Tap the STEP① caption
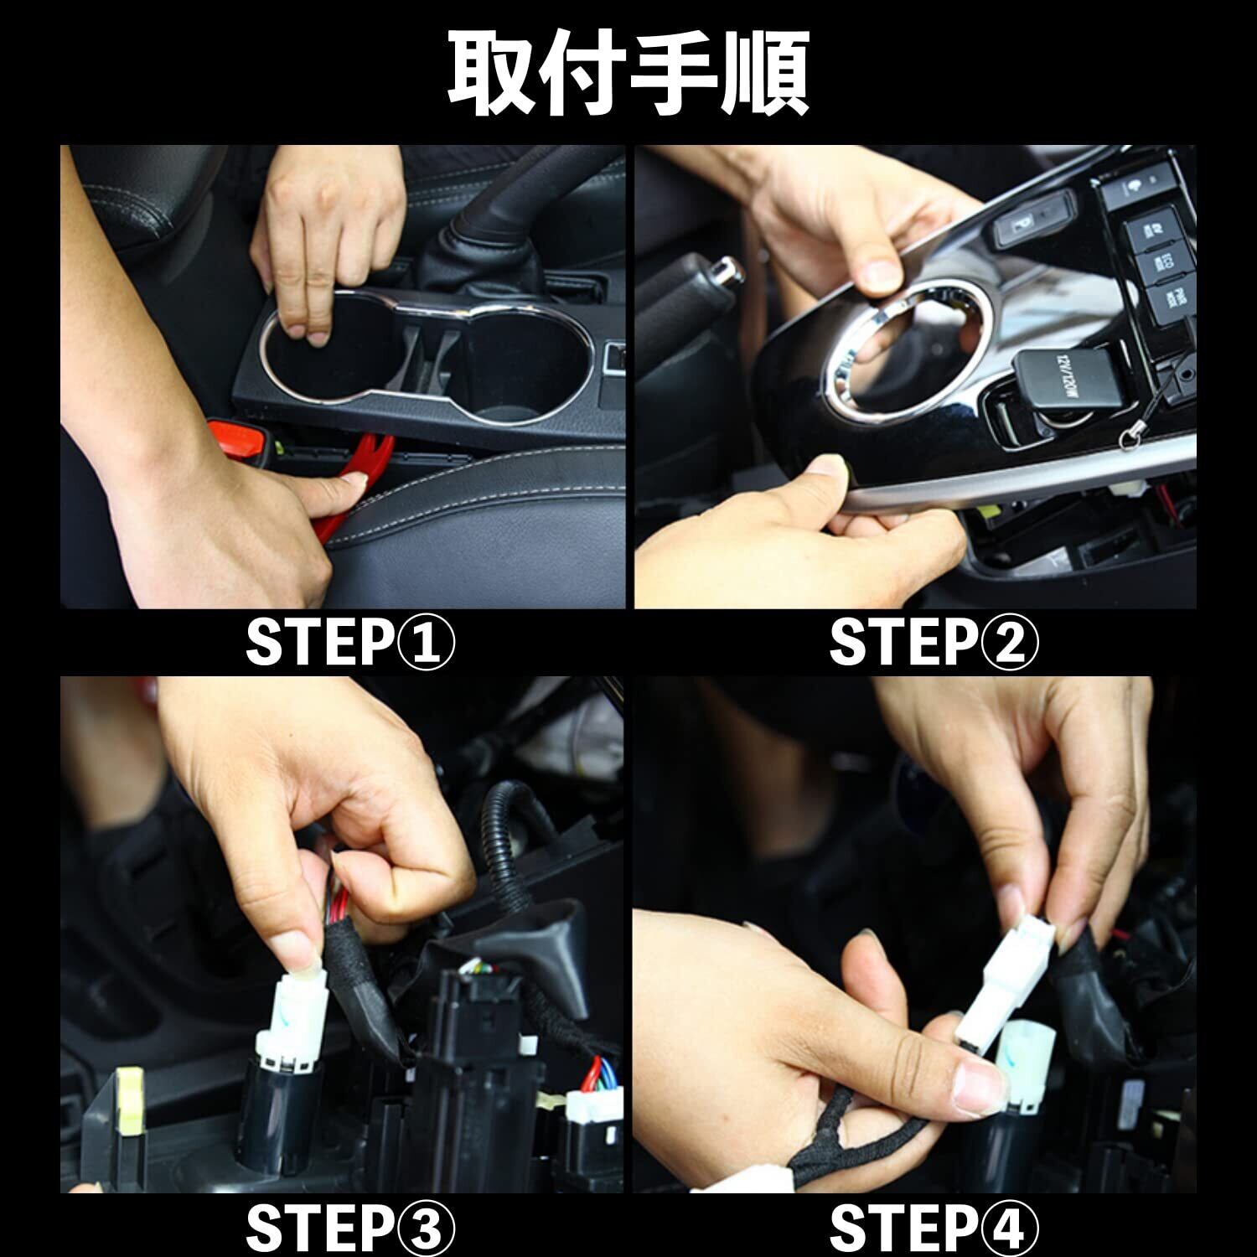tap(350, 642)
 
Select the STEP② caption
tap(934, 642)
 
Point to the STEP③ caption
tap(350, 1229)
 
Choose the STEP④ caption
tap(934, 1229)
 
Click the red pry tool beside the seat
tap(352, 482)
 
